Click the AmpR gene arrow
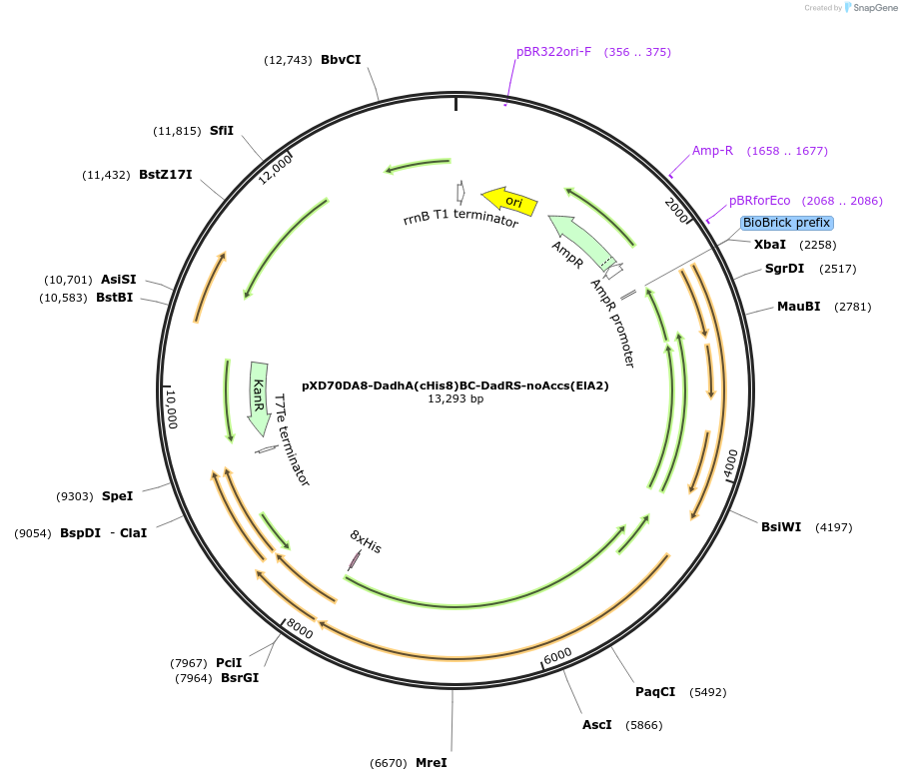pyautogui.click(x=581, y=243)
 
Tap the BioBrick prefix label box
pyautogui.click(x=786, y=223)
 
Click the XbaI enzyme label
pyautogui.click(x=769, y=245)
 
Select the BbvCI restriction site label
pyautogui.click(x=341, y=60)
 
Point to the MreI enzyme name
pyautogui.click(x=431, y=763)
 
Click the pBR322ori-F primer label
pyautogui.click(x=553, y=52)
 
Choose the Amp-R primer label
pyautogui.click(x=712, y=151)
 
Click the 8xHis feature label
pyautogui.click(x=366, y=542)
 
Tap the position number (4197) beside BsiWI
pyautogui.click(x=833, y=527)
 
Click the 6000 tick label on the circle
pyautogui.click(x=557, y=654)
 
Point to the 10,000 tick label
pyautogui.click(x=171, y=408)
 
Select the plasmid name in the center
pyautogui.click(x=454, y=385)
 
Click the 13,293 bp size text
pyautogui.click(x=454, y=398)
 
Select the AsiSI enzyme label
pyautogui.click(x=118, y=280)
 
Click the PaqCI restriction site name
pyautogui.click(x=655, y=692)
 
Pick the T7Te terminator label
pyautogui.click(x=291, y=440)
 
